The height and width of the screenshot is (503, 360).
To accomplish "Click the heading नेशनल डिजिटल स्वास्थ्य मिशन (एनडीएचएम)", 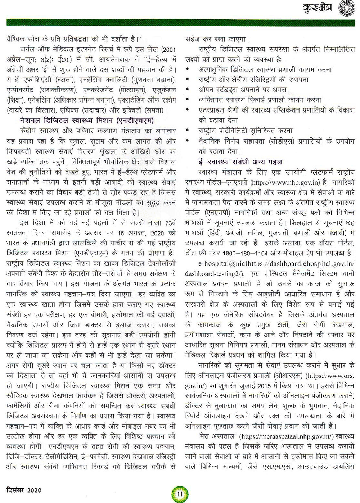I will point(87,119).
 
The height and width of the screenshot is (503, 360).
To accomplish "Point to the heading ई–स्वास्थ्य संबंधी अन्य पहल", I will point(240,162).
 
